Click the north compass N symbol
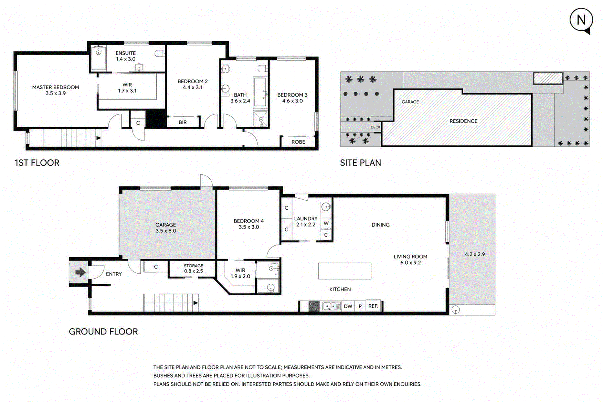point(581,20)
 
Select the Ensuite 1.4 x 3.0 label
point(126,56)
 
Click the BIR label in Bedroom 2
point(183,122)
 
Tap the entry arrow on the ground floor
point(80,272)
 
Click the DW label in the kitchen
point(348,306)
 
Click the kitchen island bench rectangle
point(344,271)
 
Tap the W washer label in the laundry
point(326,224)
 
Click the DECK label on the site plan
point(376,127)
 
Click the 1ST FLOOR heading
point(37,163)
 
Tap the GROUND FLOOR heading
point(103,332)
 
